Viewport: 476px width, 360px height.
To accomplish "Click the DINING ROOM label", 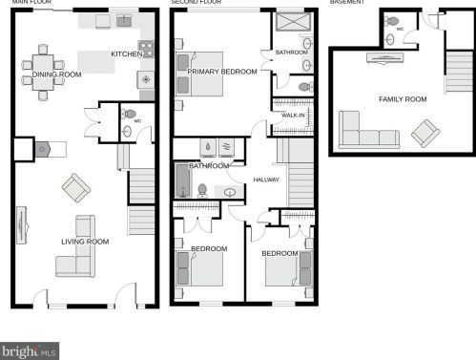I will click(56, 74).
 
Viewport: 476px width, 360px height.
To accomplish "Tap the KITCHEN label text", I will click(126, 53).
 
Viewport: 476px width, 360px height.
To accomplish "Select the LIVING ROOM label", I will click(85, 242).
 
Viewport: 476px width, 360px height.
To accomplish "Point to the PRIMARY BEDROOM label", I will click(222, 72).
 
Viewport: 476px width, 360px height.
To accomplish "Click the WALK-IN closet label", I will click(293, 115).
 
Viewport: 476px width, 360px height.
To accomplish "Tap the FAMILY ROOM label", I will click(403, 98).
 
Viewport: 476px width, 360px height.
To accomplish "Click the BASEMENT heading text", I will click(346, 3).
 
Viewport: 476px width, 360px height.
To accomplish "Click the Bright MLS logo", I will click(29, 350).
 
